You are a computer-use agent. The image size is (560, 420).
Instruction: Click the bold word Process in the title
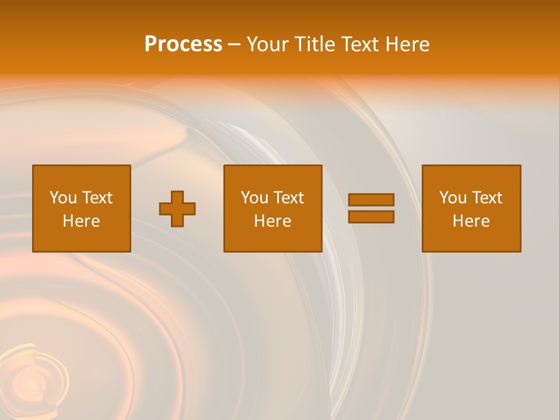pos(183,44)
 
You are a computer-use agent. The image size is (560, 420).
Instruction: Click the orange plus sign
pos(177,209)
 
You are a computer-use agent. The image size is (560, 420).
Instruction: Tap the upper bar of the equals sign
pos(371,199)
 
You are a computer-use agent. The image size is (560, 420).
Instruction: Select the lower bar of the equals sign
pos(371,216)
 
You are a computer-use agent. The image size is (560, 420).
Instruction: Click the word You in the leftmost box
pos(63,198)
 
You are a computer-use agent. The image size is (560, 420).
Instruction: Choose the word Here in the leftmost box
pos(81,221)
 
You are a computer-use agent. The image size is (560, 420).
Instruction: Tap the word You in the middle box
pos(254,198)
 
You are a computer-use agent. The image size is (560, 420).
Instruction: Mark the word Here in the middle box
pos(272,221)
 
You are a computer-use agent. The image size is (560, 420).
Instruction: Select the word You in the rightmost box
pos(453,198)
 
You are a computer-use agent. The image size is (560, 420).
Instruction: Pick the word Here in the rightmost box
pos(471,221)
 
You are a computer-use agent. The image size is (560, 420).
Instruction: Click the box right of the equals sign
pos(471,239)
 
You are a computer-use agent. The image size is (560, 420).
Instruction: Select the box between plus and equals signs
pos(272,239)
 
